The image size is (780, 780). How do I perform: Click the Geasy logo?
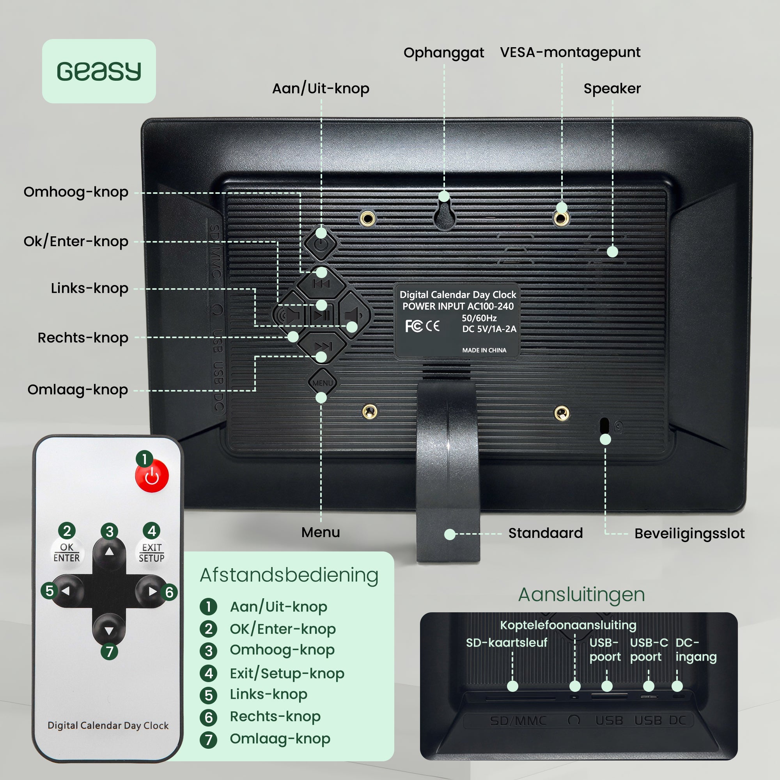click(99, 71)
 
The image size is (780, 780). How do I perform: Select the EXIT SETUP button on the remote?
click(151, 552)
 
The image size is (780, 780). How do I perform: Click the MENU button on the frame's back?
click(322, 383)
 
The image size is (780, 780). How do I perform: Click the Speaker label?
click(612, 89)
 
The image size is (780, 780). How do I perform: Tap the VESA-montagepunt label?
click(570, 53)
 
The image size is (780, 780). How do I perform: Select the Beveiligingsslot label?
click(689, 534)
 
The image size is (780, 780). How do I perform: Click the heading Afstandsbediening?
click(289, 575)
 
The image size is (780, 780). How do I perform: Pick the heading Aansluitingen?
click(581, 594)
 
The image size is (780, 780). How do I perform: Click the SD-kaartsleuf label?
click(506, 642)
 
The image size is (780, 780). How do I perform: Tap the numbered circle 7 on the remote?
click(110, 652)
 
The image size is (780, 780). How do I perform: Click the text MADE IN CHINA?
click(484, 351)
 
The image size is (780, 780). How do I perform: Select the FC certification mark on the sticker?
click(413, 326)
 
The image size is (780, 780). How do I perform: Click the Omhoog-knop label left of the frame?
click(76, 192)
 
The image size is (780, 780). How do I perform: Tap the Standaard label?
click(545, 533)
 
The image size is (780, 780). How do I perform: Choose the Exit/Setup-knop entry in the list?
click(287, 674)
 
